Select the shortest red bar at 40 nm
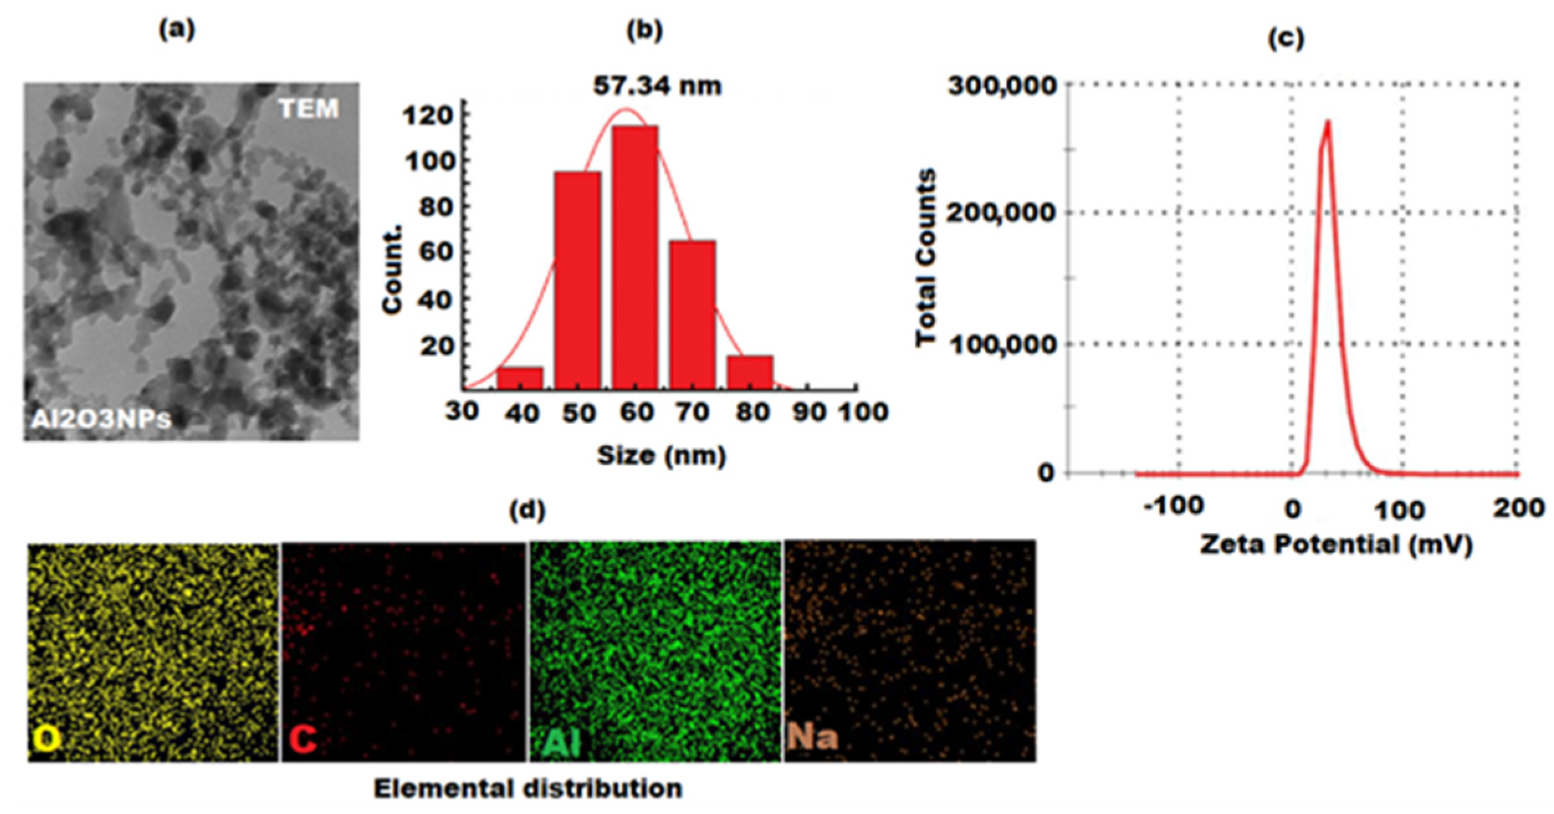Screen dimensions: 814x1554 tap(519, 378)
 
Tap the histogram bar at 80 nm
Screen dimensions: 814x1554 tap(750, 372)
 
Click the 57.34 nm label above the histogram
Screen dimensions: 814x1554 tap(657, 86)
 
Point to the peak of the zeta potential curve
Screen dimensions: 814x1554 tap(1328, 122)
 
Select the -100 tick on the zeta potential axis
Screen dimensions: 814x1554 tap(1173, 506)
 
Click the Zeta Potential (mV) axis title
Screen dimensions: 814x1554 tap(1336, 546)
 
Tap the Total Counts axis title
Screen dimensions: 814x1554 tap(926, 257)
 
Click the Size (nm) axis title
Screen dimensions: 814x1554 tap(661, 455)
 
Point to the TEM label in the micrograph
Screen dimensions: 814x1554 tap(308, 109)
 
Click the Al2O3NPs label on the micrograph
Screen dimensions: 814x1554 tap(101, 419)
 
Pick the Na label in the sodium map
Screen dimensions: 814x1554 tap(812, 738)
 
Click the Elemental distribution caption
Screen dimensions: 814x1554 tap(528, 789)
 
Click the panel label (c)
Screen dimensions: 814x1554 tap(1285, 39)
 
